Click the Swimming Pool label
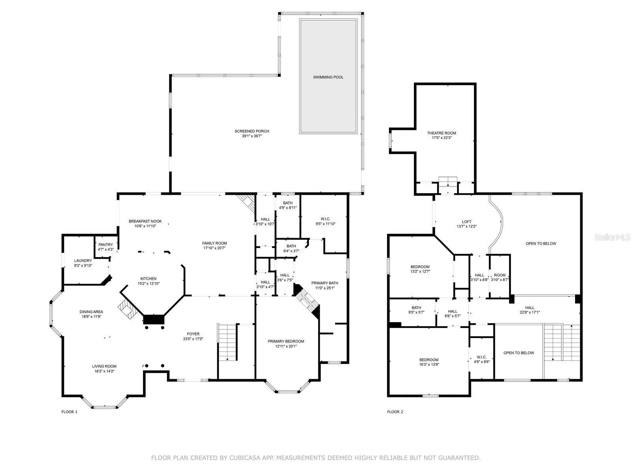pyautogui.click(x=328, y=77)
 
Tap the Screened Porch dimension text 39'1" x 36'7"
pyautogui.click(x=252, y=136)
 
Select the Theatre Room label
pyautogui.click(x=441, y=133)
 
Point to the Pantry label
pyautogui.click(x=106, y=245)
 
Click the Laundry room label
pyautogui.click(x=83, y=260)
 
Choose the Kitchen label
pyautogui.click(x=148, y=278)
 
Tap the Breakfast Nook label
pyautogui.click(x=145, y=221)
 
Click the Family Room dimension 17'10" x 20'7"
pyautogui.click(x=214, y=248)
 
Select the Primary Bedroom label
pyautogui.click(x=286, y=341)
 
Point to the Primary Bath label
pyautogui.click(x=325, y=283)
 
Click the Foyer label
pyautogui.click(x=193, y=334)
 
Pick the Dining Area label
pyautogui.click(x=91, y=312)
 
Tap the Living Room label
pyautogui.click(x=104, y=367)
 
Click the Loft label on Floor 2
pyautogui.click(x=466, y=222)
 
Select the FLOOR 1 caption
pyautogui.click(x=70, y=412)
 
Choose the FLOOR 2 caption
pyautogui.click(x=395, y=412)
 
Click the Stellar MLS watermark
pyautogui.click(x=612, y=237)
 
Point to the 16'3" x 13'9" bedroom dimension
pyautogui.click(x=429, y=364)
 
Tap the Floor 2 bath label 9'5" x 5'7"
pyautogui.click(x=416, y=312)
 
